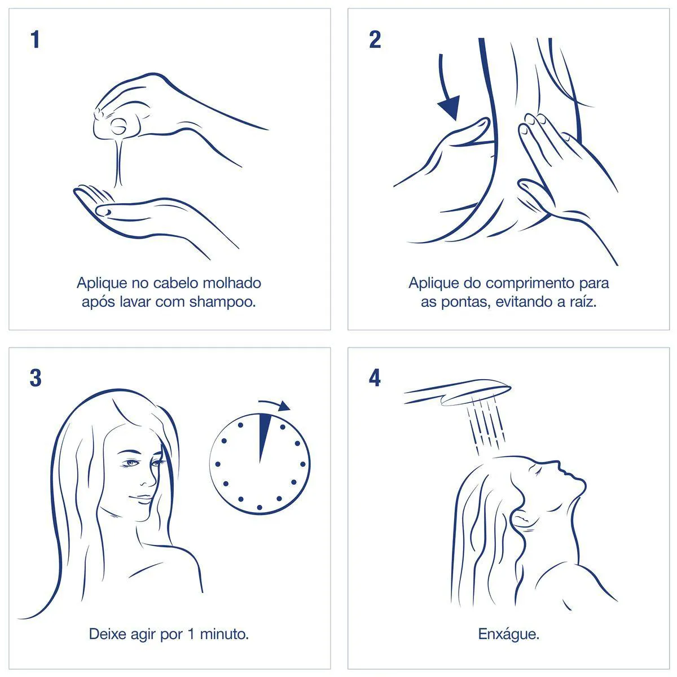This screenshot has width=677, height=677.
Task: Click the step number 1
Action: tap(35, 39)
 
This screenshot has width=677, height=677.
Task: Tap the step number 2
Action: tap(375, 39)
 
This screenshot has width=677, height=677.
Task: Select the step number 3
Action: tap(36, 379)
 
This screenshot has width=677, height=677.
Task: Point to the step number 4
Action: tap(375, 379)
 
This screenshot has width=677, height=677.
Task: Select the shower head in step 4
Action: tap(458, 392)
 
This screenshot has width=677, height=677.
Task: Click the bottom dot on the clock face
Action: tap(260, 507)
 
